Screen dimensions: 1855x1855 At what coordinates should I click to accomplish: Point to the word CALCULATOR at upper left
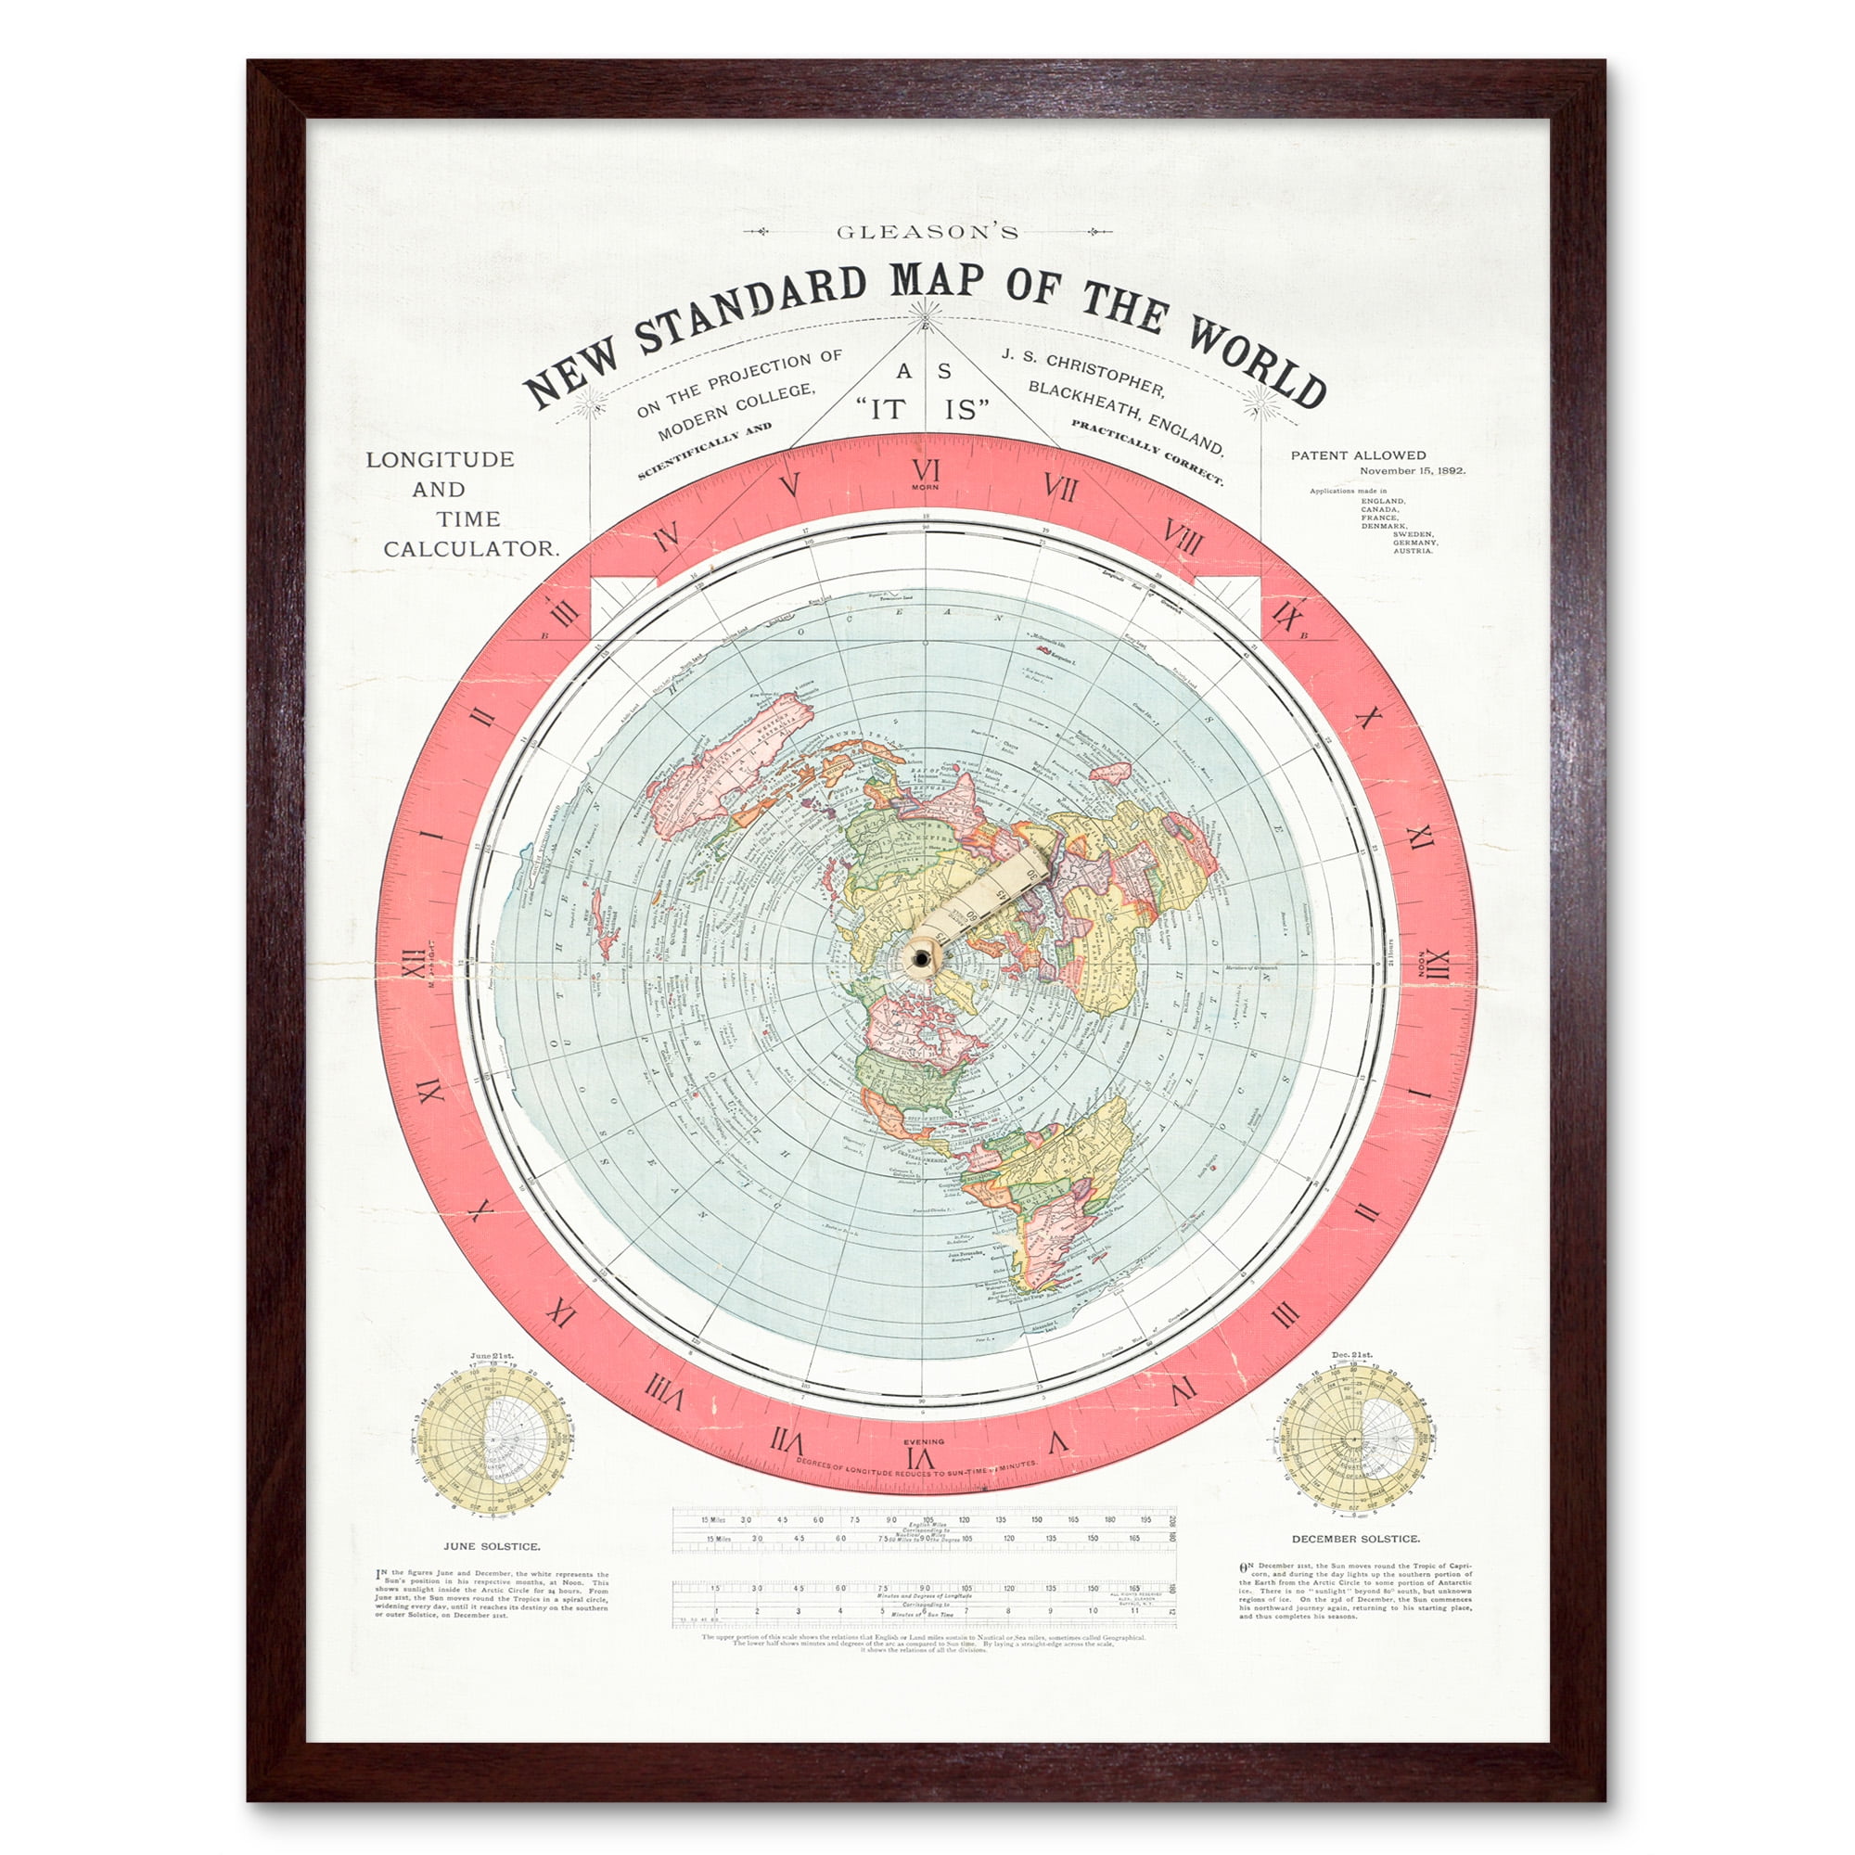pos(470,549)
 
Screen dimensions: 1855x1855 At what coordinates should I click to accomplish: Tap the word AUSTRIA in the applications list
pos(1414,551)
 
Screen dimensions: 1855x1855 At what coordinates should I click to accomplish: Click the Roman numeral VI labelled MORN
pos(926,471)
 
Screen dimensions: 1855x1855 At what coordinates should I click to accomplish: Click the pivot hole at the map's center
pos(923,959)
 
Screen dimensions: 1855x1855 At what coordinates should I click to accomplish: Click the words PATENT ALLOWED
pos(1358,455)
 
